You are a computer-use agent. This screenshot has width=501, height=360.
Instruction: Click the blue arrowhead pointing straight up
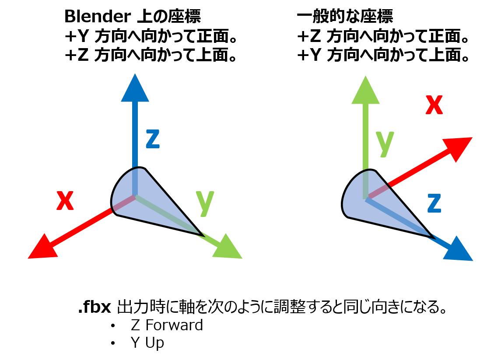click(135, 90)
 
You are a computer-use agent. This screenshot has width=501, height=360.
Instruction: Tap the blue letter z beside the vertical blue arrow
click(153, 140)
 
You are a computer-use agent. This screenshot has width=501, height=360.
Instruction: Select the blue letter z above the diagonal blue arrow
click(434, 203)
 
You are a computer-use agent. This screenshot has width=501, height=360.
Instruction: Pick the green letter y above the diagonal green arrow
click(205, 202)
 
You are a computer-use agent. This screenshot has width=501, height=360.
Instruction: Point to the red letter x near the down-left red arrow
click(65, 201)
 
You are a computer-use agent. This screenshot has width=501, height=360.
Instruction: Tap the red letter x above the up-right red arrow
click(434, 105)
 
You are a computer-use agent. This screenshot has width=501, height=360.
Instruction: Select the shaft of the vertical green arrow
click(365, 136)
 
